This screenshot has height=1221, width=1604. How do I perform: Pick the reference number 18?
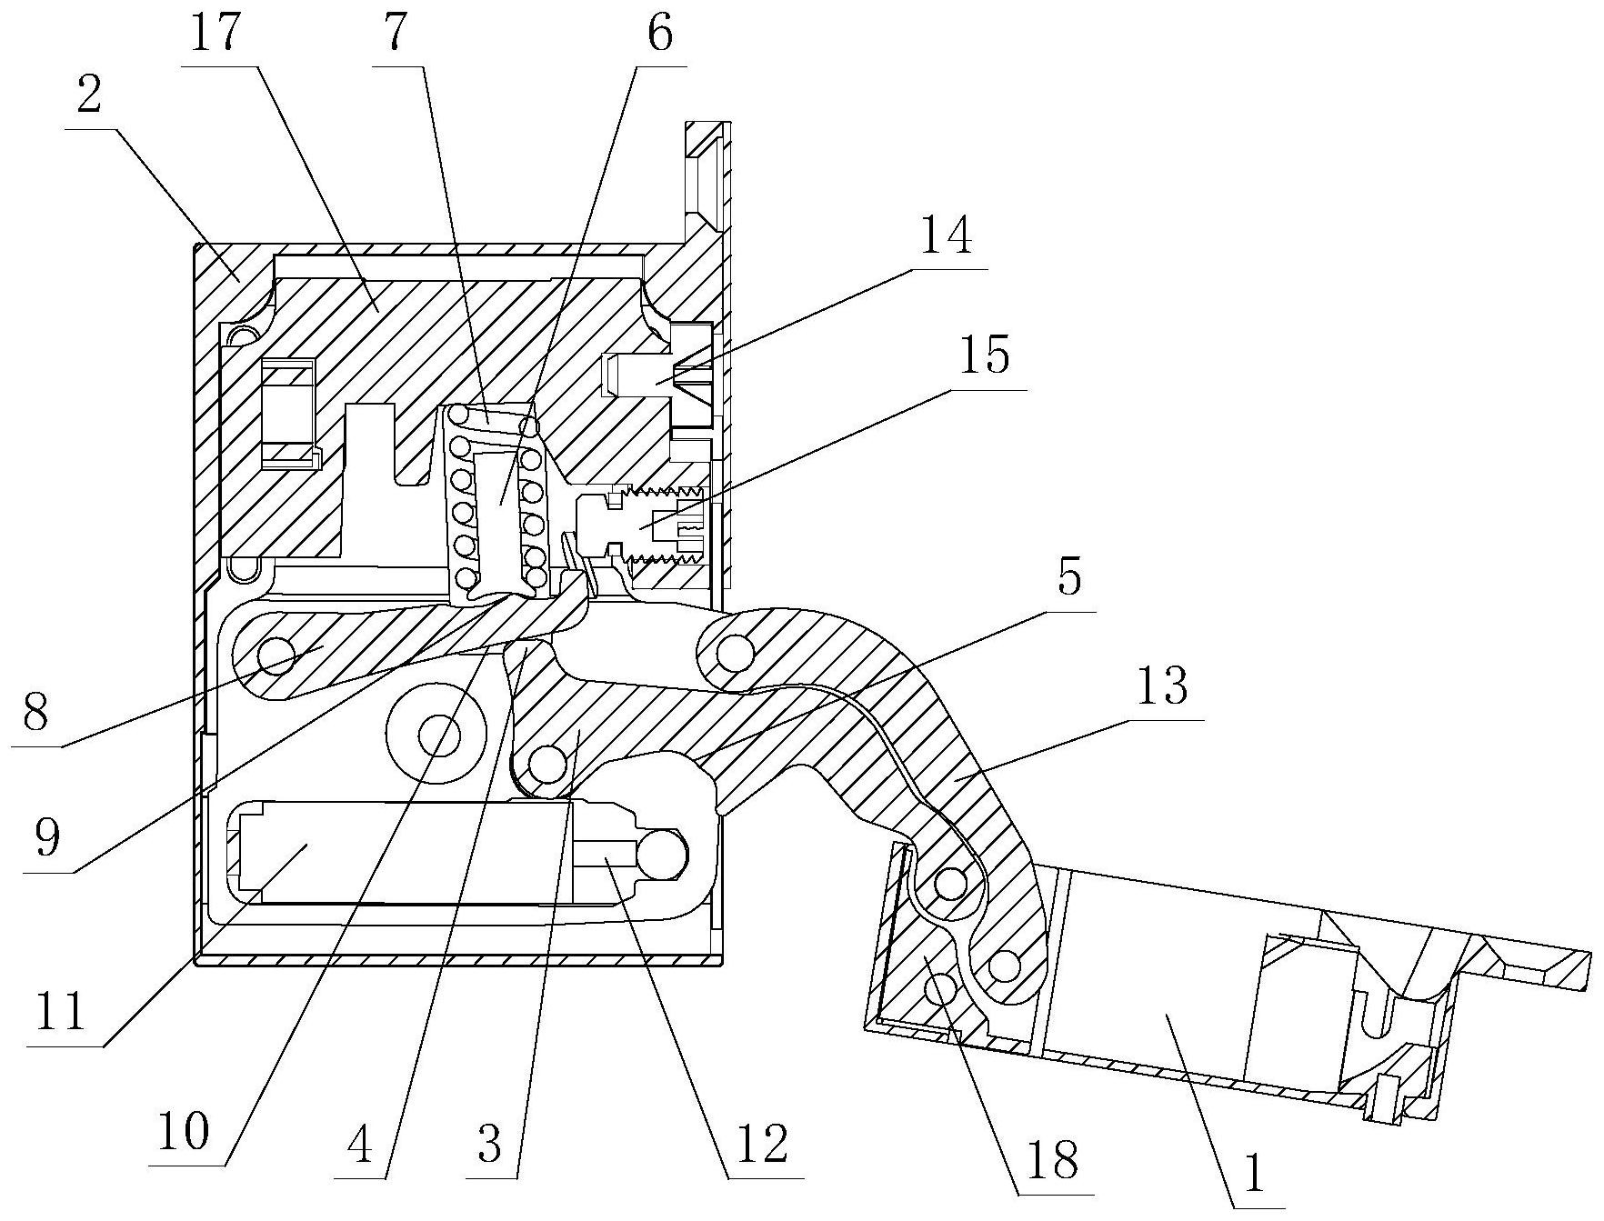tap(1054, 1158)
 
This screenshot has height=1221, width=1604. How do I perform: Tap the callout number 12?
tap(761, 1143)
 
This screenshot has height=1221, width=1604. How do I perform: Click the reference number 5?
tap(1069, 579)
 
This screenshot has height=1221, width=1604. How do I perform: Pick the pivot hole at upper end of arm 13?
tap(734, 651)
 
